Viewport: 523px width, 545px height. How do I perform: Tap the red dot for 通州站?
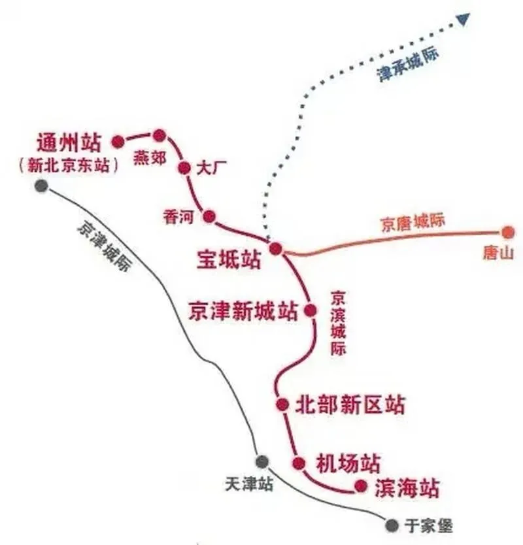(x=118, y=141)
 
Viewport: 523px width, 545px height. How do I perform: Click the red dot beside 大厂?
(x=184, y=167)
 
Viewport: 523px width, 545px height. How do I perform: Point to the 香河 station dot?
(x=209, y=216)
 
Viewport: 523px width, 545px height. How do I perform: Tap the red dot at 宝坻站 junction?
(x=276, y=248)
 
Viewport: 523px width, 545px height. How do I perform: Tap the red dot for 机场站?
(x=299, y=463)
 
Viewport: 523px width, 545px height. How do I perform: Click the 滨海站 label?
(x=407, y=487)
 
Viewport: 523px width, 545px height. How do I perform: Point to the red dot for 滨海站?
(x=360, y=486)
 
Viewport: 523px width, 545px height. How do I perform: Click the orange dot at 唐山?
(x=509, y=232)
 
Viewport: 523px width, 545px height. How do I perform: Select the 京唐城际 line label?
(x=413, y=222)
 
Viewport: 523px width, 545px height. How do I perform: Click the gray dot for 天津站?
(x=262, y=462)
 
